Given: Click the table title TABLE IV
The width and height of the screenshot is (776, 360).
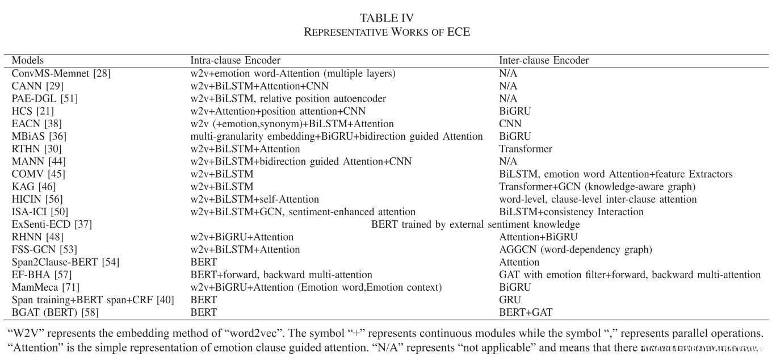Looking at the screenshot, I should click(387, 18).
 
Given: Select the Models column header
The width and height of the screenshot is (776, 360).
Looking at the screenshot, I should click(28, 60).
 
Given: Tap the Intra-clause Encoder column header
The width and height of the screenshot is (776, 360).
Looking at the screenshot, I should click(235, 60).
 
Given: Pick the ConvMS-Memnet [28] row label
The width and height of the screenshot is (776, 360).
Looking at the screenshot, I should click(53, 73).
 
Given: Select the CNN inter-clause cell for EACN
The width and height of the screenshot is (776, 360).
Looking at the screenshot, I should click(509, 123).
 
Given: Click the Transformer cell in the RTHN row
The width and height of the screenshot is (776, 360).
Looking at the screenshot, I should click(525, 149).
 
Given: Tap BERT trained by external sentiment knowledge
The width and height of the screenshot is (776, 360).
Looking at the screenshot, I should click(475, 224).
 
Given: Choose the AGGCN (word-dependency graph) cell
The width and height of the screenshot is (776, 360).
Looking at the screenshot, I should click(575, 249).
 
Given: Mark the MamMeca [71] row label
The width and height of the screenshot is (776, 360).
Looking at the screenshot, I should click(42, 287).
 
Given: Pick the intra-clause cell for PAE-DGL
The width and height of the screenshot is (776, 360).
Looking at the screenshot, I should click(288, 98).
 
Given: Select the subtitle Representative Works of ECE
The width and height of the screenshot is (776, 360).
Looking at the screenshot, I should click(387, 32).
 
